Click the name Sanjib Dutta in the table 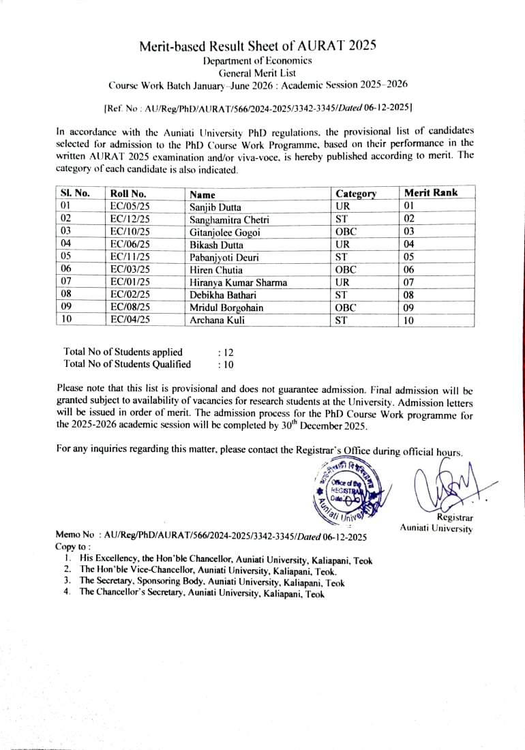pyautogui.click(x=215, y=207)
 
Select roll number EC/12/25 pyautogui.click(x=130, y=220)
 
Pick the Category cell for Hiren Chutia pyautogui.click(x=346, y=270)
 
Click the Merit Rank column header pyautogui.click(x=431, y=193)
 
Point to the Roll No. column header pyautogui.click(x=128, y=194)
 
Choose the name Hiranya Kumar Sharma pyautogui.click(x=238, y=282)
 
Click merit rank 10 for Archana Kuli pyautogui.click(x=409, y=320)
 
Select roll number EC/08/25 pyautogui.click(x=130, y=307)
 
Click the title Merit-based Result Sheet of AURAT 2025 pyautogui.click(x=258, y=46)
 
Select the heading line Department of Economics pyautogui.click(x=258, y=61)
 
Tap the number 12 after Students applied pyautogui.click(x=228, y=352)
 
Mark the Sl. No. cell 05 pyautogui.click(x=66, y=257)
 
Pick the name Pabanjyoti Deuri pyautogui.click(x=224, y=258)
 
